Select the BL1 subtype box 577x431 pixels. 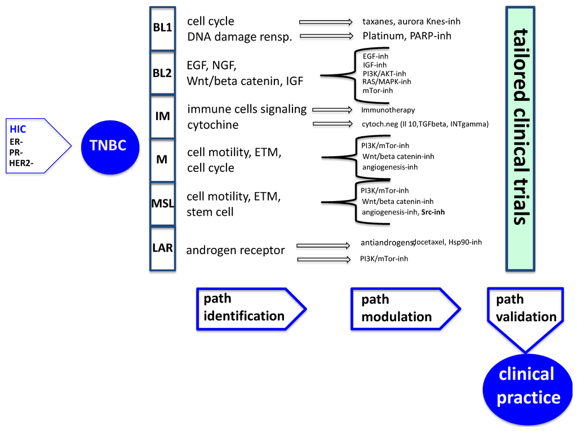click(x=162, y=28)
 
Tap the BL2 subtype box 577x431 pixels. click(x=162, y=73)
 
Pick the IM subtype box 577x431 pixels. click(x=162, y=116)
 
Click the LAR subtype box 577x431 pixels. click(x=162, y=248)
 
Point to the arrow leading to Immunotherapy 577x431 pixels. click(x=332, y=110)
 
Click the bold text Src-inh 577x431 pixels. click(x=433, y=212)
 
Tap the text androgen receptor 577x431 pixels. click(x=235, y=250)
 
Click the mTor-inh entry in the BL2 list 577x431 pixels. click(x=378, y=90)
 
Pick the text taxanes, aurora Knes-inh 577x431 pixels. click(x=411, y=22)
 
